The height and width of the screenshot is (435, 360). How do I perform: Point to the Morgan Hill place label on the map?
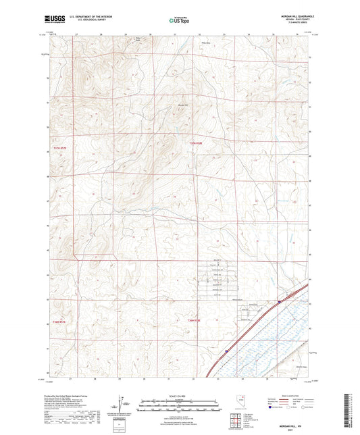182,105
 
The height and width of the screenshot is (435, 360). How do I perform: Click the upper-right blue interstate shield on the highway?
279,302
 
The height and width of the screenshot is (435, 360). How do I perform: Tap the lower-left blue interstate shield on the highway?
227,351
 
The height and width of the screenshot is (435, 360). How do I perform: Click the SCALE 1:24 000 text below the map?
179,395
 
